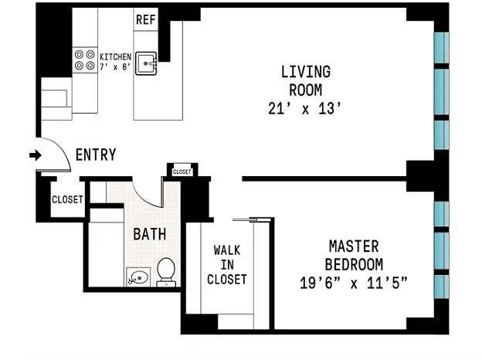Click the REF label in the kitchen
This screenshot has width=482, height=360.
[146, 19]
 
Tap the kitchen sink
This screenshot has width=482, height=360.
[146, 63]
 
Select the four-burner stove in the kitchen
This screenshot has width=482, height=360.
[84, 60]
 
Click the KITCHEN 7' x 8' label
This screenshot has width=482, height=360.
[116, 62]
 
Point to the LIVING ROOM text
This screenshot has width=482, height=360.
[306, 81]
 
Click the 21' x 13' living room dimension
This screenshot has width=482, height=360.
[304, 108]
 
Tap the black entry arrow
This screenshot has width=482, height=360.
[36, 155]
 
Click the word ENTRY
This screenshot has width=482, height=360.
[96, 155]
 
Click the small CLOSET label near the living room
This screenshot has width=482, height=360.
[182, 172]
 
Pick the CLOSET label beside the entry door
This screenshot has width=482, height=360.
[67, 199]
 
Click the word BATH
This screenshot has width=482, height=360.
[150, 234]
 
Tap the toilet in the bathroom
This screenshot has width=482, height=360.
[166, 272]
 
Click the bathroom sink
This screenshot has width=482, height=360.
[138, 277]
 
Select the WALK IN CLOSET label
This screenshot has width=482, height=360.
[227, 265]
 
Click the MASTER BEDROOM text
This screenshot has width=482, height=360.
[354, 256]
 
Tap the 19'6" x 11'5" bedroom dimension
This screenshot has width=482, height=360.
[354, 284]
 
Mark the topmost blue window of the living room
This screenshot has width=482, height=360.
[441, 48]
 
